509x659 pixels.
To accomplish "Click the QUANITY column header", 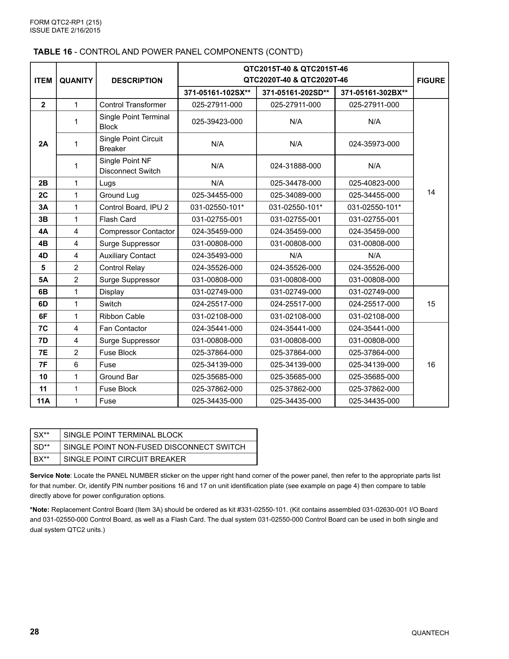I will coord(76,81).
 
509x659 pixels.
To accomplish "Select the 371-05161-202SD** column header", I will coord(295,93).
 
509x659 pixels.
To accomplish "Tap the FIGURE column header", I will coord(431,81).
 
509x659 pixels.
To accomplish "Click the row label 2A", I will coord(43,144).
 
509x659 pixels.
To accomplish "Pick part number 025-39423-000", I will coord(217,122).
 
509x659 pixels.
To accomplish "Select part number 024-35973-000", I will coord(374,144).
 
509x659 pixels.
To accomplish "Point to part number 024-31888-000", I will coord(295,166).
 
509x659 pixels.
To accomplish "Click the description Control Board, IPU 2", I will coord(134,207).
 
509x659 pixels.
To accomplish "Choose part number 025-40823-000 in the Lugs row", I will coord(374,183).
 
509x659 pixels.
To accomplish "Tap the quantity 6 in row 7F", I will coord(76,365).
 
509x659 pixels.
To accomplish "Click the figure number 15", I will coord(431,304).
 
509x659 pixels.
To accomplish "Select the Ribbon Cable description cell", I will coord(122,316).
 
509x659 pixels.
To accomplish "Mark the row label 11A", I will coord(43,401).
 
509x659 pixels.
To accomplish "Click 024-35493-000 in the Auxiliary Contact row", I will coord(217,256).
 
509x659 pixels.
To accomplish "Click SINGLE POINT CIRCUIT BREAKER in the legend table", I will coord(125,459).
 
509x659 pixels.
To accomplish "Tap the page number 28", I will coord(34,632).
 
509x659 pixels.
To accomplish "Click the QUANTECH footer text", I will coord(430,633).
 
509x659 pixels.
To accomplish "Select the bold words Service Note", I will coord(50,476).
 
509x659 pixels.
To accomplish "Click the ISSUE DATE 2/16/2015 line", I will coord(65,30).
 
